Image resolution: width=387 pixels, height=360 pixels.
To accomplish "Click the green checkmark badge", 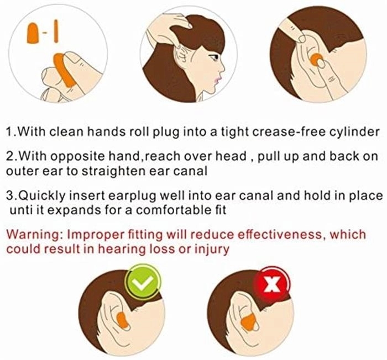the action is [143, 282].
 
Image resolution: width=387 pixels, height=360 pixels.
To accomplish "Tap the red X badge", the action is [272, 284].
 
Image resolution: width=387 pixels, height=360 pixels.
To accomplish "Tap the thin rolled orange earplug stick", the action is [56, 31].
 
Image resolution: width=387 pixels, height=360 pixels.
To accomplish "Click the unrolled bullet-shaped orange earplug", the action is [33, 33].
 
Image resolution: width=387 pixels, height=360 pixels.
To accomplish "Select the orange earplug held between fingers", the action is [64, 71].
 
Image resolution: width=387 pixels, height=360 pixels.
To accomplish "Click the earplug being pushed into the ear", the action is [316, 59].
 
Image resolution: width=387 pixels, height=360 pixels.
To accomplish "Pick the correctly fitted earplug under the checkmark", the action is [122, 320].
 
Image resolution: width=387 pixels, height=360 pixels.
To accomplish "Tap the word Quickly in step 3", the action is [42, 196].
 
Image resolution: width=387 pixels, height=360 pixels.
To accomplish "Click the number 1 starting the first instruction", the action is [9, 132].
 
